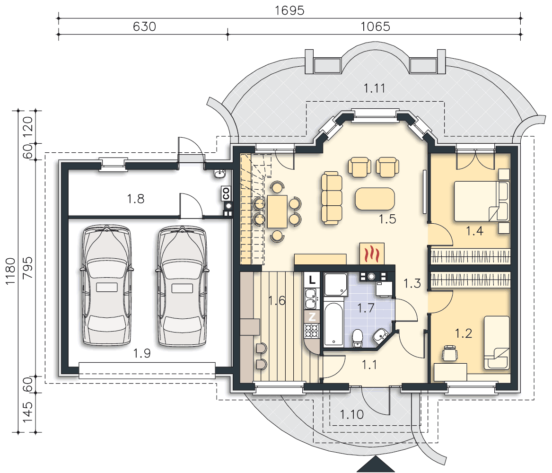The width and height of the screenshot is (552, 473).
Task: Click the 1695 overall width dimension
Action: [289, 10]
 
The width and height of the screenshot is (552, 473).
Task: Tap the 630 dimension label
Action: [144, 27]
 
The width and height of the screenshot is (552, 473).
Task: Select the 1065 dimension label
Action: [375, 27]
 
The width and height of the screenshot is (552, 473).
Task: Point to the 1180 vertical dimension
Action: [10, 271]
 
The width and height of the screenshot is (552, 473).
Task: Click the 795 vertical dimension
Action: [27, 268]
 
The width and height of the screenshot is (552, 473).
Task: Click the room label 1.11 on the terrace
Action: [374, 88]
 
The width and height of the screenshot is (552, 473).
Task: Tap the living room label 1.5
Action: [387, 219]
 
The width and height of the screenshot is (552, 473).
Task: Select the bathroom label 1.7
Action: [366, 309]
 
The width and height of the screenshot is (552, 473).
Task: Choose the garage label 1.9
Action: [142, 353]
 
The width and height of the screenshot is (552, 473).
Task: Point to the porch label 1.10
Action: [352, 414]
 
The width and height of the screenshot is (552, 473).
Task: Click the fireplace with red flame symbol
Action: [372, 254]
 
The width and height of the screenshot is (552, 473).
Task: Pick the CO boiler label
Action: [226, 193]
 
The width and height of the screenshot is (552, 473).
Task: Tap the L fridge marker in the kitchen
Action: [312, 280]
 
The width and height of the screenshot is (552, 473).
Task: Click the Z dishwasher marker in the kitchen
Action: [312, 317]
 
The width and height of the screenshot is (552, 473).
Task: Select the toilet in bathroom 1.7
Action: [358, 338]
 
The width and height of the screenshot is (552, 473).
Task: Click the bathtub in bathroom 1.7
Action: [333, 324]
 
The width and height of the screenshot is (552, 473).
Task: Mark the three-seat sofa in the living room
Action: [332, 198]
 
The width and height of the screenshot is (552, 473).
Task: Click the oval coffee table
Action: [375, 199]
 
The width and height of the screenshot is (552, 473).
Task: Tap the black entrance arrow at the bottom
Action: [376, 466]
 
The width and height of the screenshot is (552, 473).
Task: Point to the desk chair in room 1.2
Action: [449, 353]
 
